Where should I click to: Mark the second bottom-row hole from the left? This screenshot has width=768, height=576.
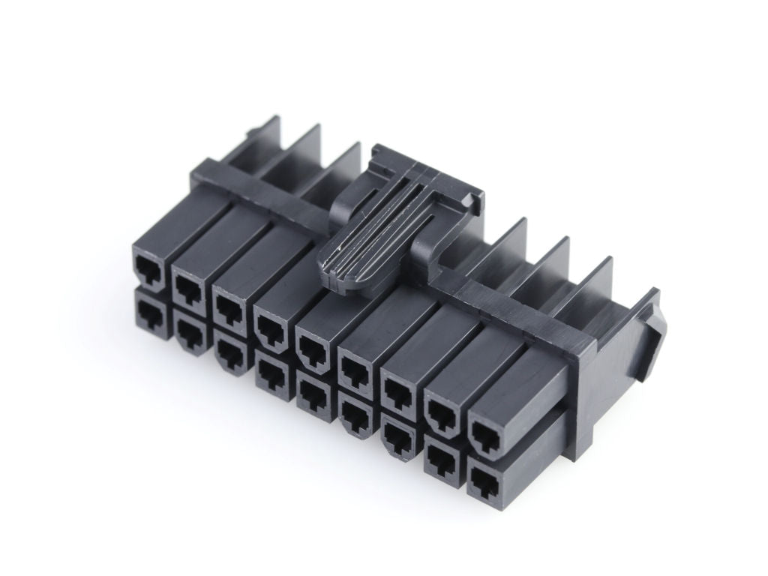coord(187,329)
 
